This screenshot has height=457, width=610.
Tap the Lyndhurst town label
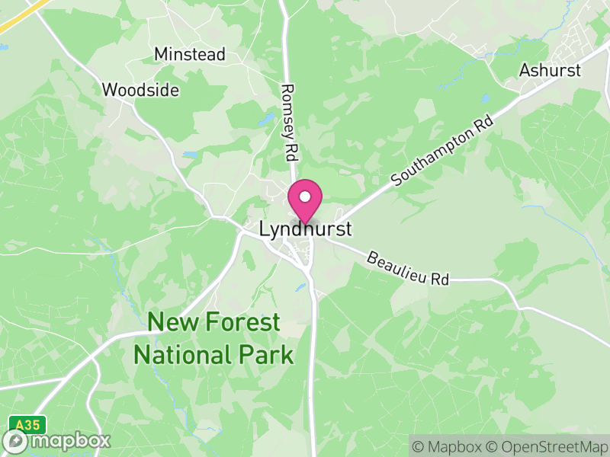click(x=306, y=228)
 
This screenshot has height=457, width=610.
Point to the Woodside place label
click(x=140, y=90)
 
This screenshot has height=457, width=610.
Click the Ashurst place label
click(x=550, y=70)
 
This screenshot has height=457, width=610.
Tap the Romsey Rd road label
click(x=289, y=122)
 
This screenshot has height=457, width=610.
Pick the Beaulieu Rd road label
click(x=408, y=268)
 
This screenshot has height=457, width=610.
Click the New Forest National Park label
click(x=213, y=338)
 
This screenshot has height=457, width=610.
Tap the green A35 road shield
click(x=27, y=423)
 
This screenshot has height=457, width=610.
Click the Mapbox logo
click(x=57, y=440)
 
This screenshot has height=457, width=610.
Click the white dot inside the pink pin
click(x=304, y=196)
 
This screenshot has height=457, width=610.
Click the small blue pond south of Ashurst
click(x=486, y=98)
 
